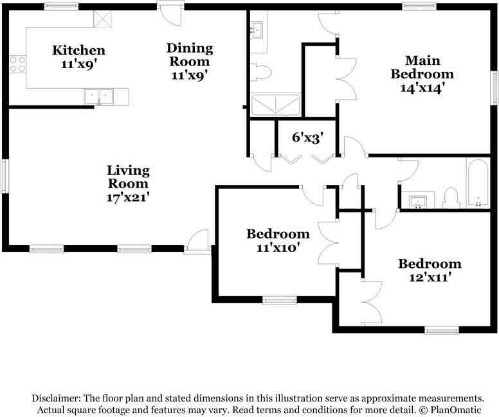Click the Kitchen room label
(78, 50)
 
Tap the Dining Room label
(190, 55)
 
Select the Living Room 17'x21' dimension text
(128, 197)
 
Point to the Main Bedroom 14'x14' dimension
(422, 88)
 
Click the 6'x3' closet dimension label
(308, 138)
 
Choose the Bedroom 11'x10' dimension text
(278, 247)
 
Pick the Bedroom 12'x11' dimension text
(430, 278)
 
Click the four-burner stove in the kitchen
(17, 64)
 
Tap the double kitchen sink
(98, 96)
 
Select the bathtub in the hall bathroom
(477, 184)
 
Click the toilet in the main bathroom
(261, 73)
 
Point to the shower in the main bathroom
(276, 104)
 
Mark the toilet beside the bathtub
(451, 198)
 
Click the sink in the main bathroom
(257, 30)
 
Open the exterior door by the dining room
(170, 14)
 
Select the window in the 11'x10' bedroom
(280, 300)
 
